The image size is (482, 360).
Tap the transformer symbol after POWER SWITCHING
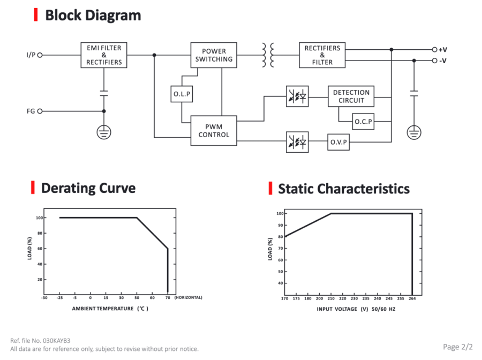click(268, 55)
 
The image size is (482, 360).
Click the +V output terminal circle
click(435, 49)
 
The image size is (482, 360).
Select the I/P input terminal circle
click(40, 55)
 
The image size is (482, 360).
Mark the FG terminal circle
click(40, 111)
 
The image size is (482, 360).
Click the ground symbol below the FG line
click(104, 132)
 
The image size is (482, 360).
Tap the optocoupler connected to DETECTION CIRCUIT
click(297, 96)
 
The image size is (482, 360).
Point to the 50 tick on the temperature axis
click(137, 298)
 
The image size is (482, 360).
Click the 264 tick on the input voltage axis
click(412, 298)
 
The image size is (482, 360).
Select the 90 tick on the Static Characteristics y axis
click(280, 225)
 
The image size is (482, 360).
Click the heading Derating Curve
click(88, 188)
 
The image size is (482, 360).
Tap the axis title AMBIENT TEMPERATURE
click(103, 309)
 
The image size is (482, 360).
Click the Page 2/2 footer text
click(458, 347)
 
